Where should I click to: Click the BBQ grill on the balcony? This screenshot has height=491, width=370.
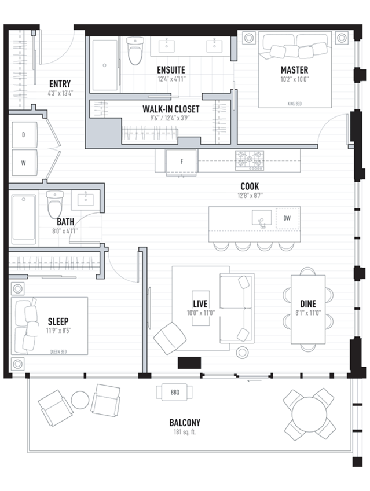174,392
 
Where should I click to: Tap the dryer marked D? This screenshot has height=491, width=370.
24,135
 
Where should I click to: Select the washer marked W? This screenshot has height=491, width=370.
24,163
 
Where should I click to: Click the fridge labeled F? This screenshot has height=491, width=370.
182,162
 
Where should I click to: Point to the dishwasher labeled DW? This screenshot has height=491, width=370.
287,218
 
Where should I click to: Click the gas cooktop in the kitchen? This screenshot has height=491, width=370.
250,160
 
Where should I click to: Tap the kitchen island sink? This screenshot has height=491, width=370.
262,218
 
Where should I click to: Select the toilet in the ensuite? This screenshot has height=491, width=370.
135,50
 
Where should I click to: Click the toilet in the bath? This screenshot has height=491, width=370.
55,204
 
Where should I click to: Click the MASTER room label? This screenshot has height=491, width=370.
294,70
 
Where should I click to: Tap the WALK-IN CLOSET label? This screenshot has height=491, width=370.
171,109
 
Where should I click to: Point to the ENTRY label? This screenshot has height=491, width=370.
60,84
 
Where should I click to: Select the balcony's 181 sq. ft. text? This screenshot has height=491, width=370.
185,433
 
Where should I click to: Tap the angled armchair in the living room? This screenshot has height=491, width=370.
170,338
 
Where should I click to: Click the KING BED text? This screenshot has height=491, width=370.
295,104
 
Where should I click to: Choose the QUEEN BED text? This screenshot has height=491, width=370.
58,351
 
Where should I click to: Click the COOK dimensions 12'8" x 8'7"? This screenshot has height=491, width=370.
250,196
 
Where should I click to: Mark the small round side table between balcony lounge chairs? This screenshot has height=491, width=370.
80,400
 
